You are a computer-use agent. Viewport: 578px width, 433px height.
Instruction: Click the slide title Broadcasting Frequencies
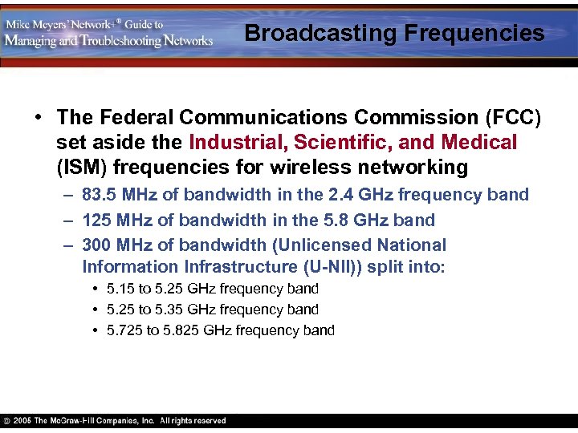tap(394, 34)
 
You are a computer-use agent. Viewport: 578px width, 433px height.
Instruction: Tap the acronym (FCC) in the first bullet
tap(514, 118)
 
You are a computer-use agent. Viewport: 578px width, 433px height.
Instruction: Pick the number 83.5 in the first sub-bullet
tap(99, 195)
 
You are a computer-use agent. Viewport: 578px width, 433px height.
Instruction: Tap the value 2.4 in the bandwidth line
tap(350, 195)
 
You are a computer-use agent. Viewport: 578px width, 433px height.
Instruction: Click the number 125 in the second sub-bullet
tap(95, 220)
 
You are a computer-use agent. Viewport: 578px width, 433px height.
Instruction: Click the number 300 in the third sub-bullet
tap(96, 245)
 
